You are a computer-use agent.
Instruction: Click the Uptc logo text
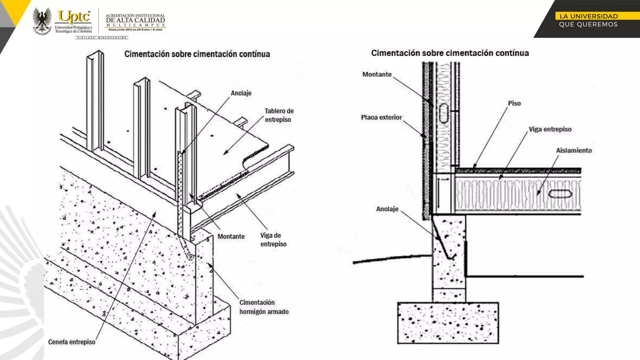tap(74, 17)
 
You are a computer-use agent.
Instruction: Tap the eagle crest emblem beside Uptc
tap(42, 21)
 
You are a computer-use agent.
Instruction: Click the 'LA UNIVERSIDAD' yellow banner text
tap(588, 16)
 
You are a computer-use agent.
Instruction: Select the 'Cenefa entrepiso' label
tap(72, 342)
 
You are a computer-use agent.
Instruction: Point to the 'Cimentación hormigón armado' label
tap(264, 307)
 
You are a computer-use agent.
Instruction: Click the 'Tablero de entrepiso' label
tap(279, 115)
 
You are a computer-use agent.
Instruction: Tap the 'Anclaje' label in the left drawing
tap(241, 93)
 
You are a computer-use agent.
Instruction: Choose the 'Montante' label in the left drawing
tap(231, 237)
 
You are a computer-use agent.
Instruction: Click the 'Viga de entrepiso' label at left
tap(273, 240)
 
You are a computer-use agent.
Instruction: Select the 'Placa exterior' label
tap(381, 117)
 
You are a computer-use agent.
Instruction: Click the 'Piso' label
tap(514, 103)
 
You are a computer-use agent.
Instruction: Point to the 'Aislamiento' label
tap(573, 151)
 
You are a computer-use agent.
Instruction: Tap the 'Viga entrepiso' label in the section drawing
tap(550, 129)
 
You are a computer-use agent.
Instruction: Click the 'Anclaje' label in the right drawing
tap(387, 209)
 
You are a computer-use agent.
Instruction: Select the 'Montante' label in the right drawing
tap(377, 74)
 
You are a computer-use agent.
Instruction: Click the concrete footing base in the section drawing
tap(448, 323)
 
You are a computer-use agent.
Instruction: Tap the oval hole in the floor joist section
tap(560, 194)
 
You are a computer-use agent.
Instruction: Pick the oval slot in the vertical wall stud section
tap(444, 113)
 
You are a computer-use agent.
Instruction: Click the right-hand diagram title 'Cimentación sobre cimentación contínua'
tap(450, 53)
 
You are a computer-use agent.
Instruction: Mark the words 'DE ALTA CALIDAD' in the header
tap(135, 20)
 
